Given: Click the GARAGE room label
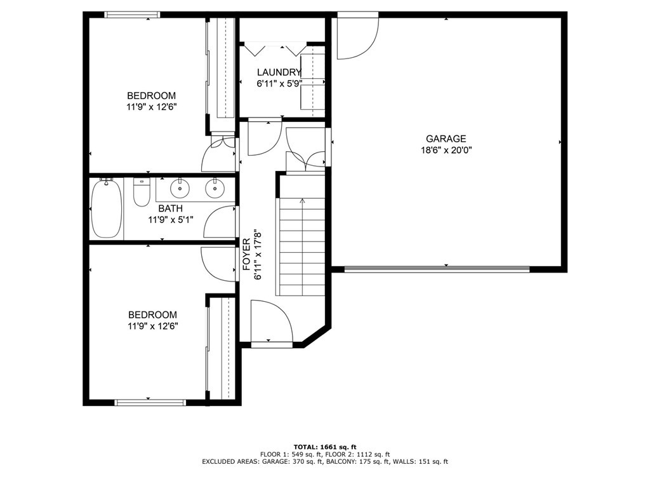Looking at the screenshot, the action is pos(446,139).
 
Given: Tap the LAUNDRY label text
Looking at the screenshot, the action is pos(279,72).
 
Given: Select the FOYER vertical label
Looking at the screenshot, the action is pos(247,254).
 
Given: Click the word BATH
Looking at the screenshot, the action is pos(170,208).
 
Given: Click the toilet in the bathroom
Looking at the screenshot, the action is pos(142,192).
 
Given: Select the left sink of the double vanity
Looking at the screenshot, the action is pos(180,189).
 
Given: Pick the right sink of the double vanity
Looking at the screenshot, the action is pos(215,189).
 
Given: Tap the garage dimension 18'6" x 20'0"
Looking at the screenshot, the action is pos(446,150).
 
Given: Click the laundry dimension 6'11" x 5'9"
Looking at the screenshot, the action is pos(279,83).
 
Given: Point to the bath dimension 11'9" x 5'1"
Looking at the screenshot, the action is pos(171,219).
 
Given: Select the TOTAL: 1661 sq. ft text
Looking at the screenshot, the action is pos(325,447).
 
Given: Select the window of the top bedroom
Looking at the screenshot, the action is pos(132,15).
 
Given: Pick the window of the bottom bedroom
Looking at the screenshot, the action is pos(150,402).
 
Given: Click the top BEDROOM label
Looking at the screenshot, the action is pos(151,96).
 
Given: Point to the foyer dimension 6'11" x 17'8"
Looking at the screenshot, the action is pos(258,254).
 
